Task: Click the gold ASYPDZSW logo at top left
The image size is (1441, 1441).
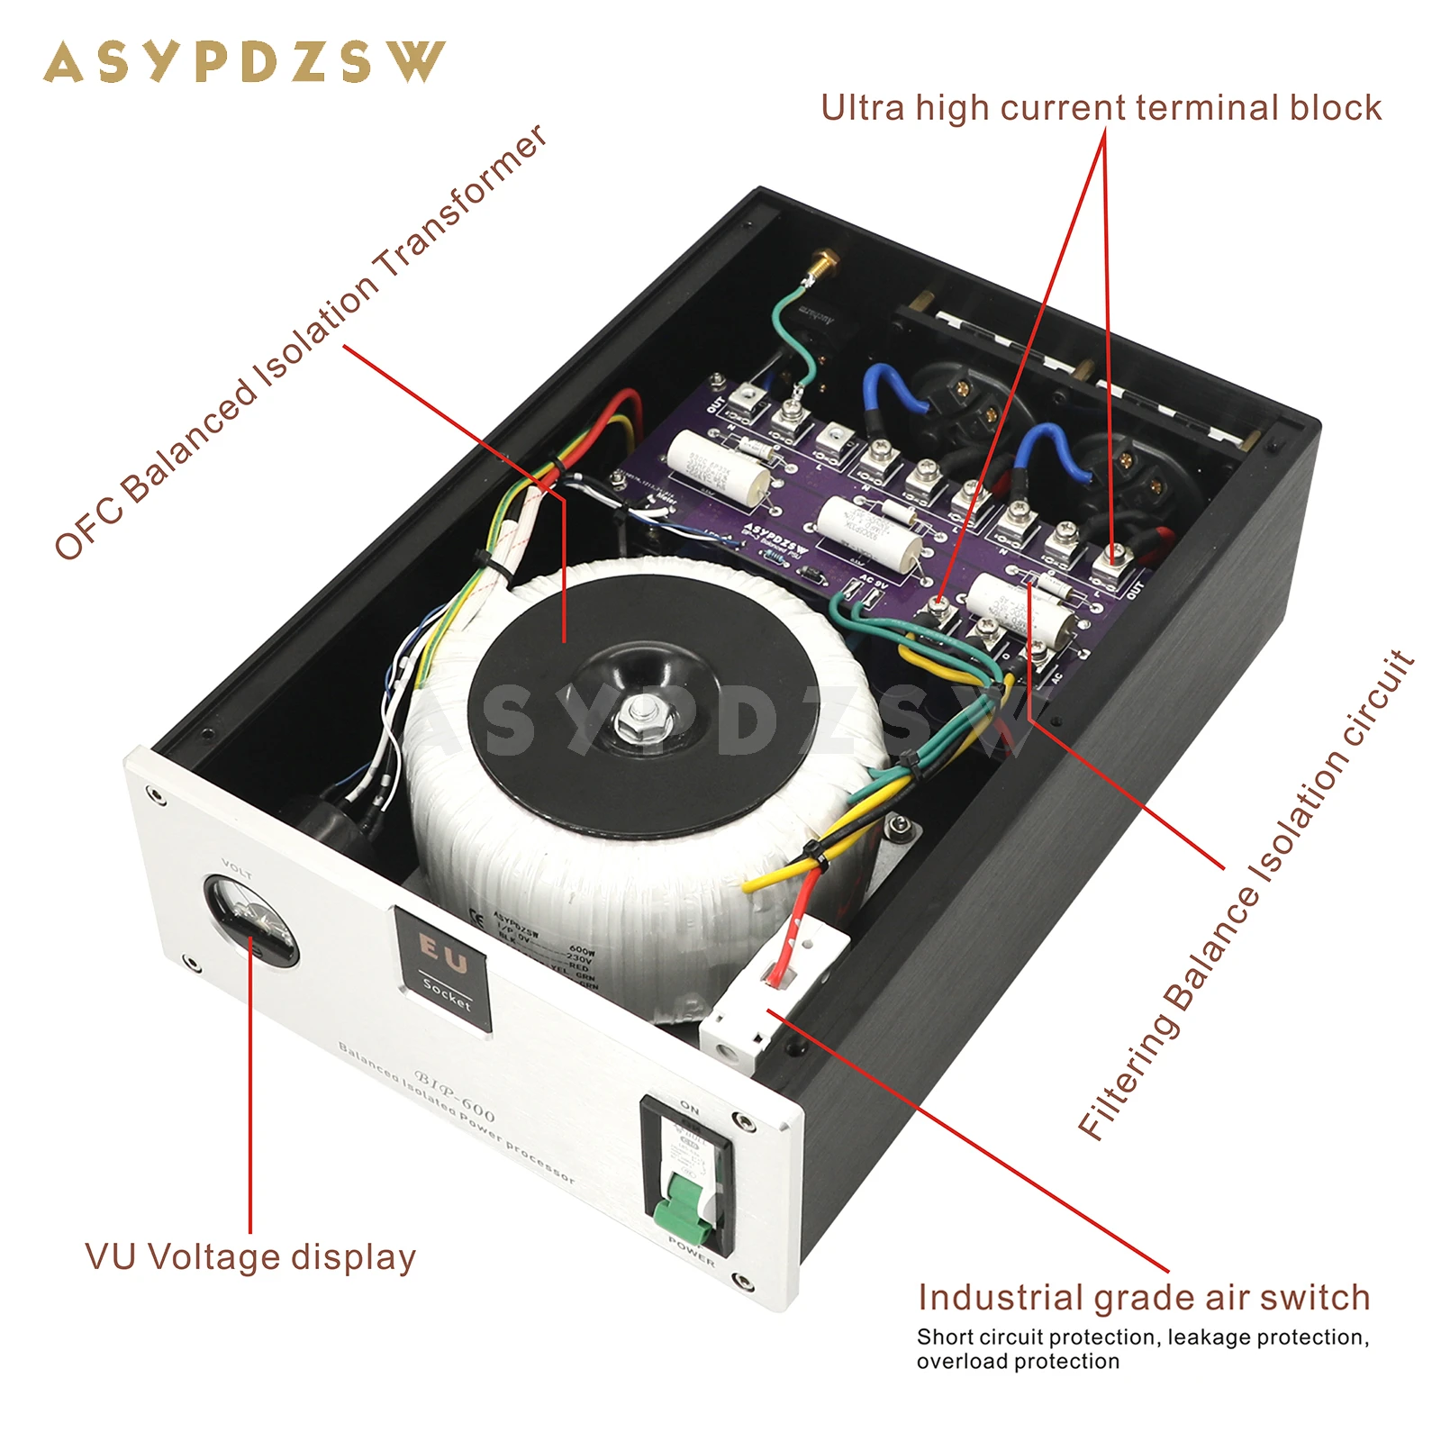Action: [244, 62]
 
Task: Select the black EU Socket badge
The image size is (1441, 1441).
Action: [443, 968]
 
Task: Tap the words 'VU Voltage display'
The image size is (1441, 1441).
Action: [250, 1257]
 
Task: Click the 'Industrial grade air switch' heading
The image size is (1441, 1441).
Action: [1144, 1298]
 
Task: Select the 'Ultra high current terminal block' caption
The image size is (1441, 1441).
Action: [1101, 108]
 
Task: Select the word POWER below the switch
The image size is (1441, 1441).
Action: [692, 1252]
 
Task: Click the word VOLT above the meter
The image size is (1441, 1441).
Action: [237, 868]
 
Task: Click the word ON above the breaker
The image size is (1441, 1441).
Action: [689, 1107]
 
